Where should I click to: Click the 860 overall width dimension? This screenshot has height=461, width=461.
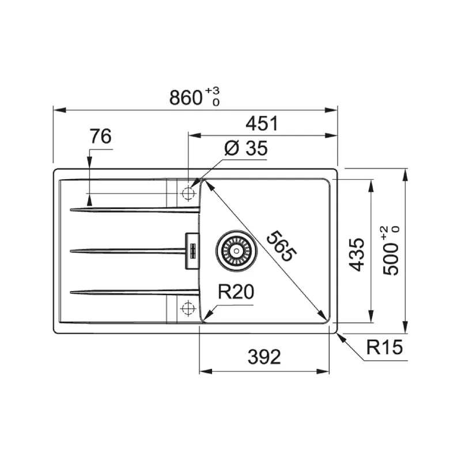tap(186, 97)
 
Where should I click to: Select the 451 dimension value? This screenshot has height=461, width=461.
tap(262, 123)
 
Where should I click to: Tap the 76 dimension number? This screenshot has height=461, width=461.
tap(101, 136)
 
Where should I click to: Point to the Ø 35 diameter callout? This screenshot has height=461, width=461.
tap(246, 148)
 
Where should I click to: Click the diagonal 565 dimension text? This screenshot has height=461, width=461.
tap(281, 246)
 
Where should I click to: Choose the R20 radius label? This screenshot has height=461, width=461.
tap(236, 292)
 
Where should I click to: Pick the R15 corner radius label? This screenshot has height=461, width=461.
tap(384, 347)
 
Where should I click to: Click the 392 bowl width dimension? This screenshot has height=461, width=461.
tap(264, 357)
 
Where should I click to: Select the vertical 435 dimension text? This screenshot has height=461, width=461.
tap(356, 255)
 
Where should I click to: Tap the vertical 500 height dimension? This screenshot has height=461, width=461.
tap(391, 259)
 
